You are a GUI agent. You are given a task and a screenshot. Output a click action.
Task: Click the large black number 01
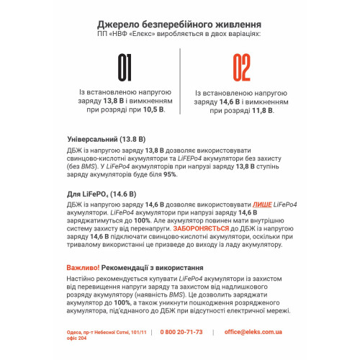pos(125,70)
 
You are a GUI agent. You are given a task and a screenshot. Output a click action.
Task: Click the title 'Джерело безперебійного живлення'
pos(179,24)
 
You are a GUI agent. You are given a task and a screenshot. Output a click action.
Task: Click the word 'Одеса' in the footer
pos(73,332)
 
